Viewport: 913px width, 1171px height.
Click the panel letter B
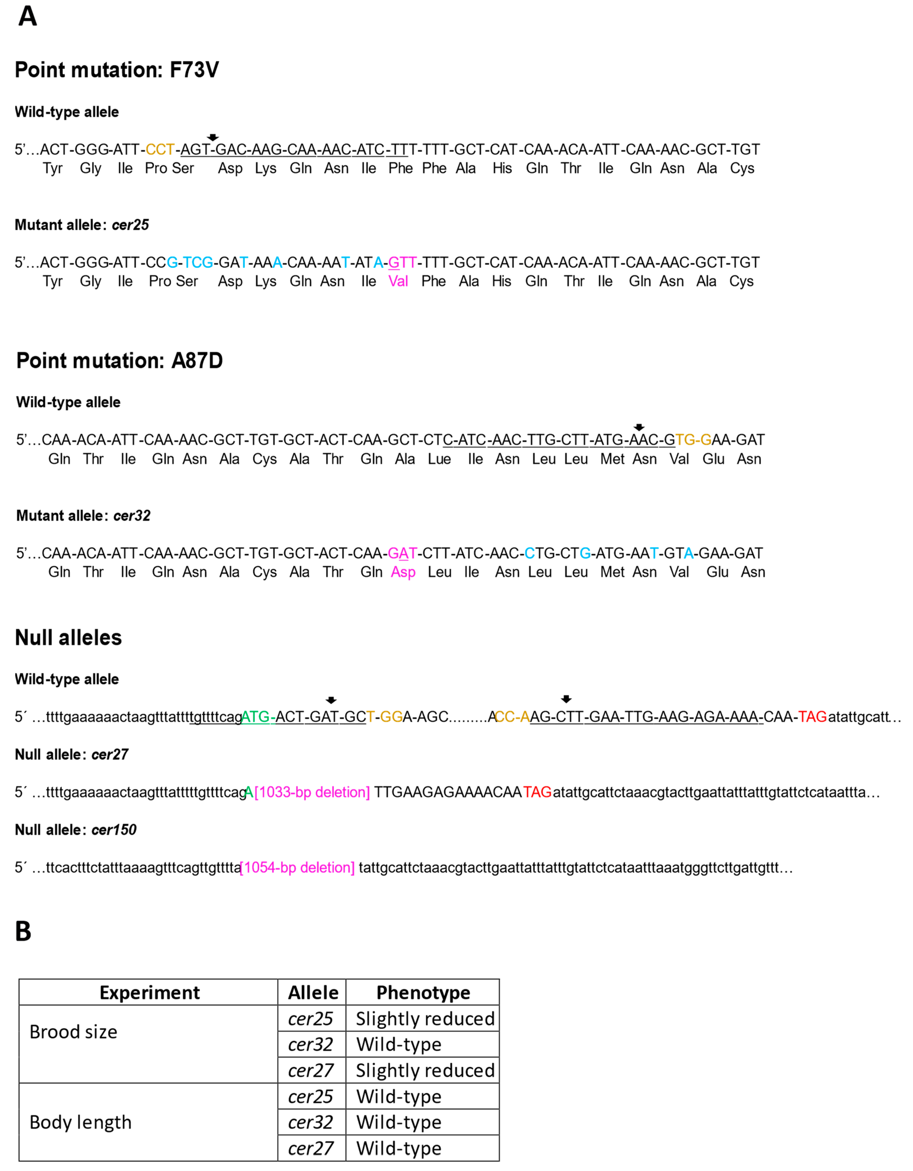click(x=23, y=931)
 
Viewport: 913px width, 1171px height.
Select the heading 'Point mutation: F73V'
click(x=117, y=70)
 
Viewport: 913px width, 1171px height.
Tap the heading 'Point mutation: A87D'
click(x=120, y=360)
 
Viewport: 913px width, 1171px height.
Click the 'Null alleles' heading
click(x=69, y=637)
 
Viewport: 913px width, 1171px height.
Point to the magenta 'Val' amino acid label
click(x=398, y=282)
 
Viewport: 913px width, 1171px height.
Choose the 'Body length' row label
click(x=80, y=1122)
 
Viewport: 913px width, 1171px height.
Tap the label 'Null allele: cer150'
click(x=76, y=830)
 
